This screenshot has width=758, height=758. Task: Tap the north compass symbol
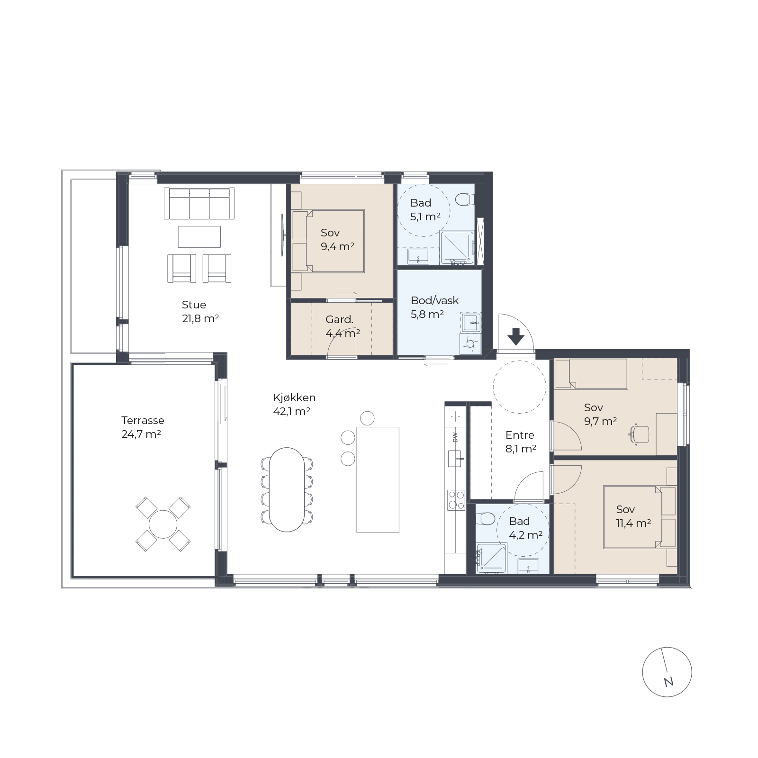click(667, 672)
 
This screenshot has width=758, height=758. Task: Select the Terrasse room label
click(143, 420)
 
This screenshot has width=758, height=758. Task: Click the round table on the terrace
click(163, 524)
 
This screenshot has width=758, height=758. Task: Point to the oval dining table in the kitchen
click(287, 489)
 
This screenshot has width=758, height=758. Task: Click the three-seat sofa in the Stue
click(199, 203)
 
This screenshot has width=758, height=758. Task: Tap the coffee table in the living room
click(199, 236)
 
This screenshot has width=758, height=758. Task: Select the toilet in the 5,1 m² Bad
click(465, 199)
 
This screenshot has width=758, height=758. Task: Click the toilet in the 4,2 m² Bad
click(484, 519)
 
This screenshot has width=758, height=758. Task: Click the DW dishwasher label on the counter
click(455, 438)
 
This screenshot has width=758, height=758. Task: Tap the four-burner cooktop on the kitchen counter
click(456, 500)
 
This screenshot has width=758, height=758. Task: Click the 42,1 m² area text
click(292, 411)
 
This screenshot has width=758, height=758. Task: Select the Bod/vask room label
click(435, 300)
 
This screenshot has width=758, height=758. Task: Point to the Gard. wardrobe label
click(340, 319)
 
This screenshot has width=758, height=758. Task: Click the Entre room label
click(520, 435)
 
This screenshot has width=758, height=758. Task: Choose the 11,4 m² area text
click(633, 523)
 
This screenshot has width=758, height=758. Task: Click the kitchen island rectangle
click(378, 479)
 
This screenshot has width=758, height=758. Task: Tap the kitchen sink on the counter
click(455, 459)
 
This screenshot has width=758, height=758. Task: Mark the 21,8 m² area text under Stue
click(200, 318)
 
